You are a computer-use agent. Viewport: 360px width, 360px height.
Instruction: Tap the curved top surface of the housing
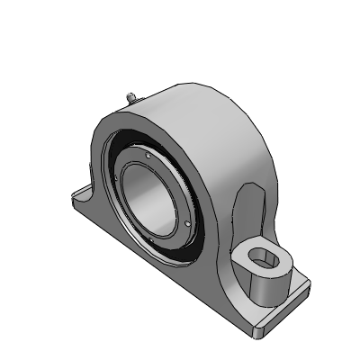198,103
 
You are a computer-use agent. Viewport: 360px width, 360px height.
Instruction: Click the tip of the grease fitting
129,93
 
